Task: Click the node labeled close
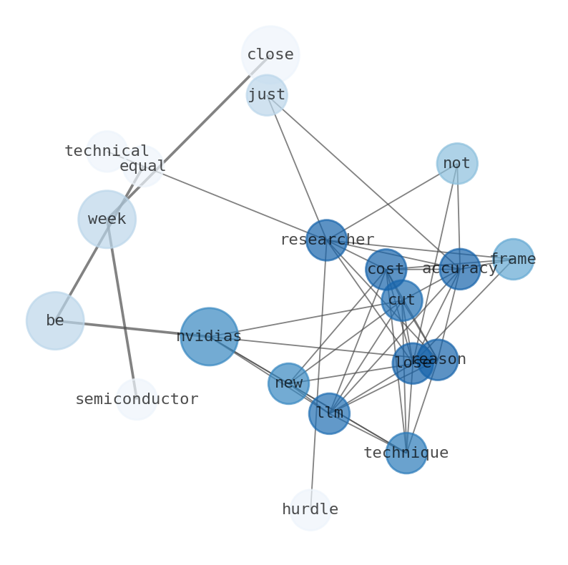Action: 270,54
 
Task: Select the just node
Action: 267,95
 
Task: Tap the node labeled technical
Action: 107,152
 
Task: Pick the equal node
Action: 143,166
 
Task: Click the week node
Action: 107,219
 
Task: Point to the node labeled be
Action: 55,320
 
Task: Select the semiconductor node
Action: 137,399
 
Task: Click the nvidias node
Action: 209,336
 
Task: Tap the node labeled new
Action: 288,383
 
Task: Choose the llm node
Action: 329,413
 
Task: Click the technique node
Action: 406,453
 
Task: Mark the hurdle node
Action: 310,510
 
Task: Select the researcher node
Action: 327,240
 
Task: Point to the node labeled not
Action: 457,163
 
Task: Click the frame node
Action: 513,259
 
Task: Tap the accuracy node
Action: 460,269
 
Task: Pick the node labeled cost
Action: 386,270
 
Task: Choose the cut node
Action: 402,300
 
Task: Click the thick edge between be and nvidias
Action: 132,328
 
